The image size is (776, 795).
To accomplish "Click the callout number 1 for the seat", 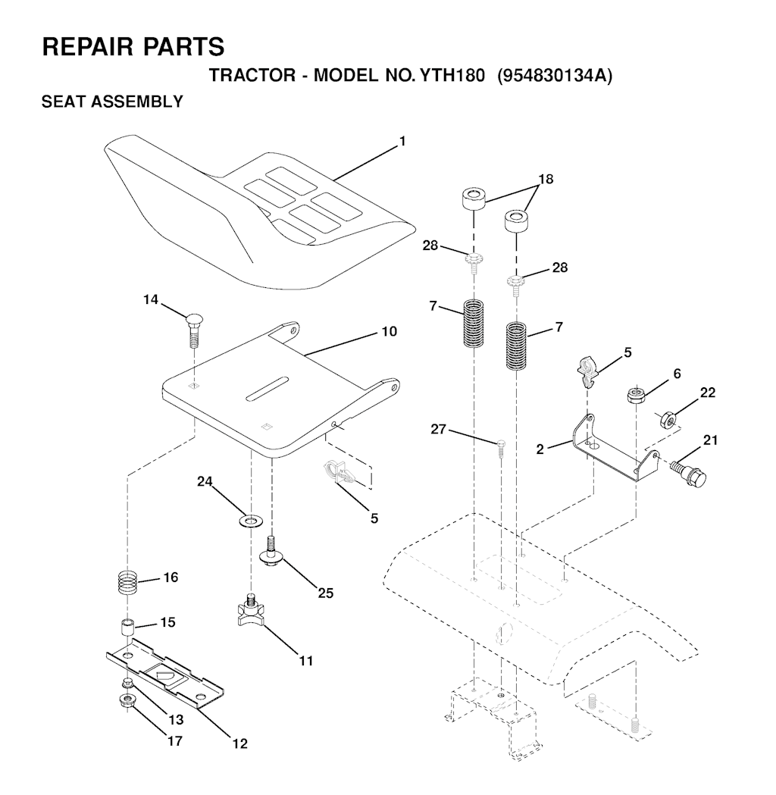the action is tap(402, 142).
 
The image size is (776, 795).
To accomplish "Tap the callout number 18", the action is tap(546, 179).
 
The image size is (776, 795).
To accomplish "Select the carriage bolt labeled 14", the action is tap(193, 330).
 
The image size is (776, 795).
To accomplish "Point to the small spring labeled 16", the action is tap(128, 583).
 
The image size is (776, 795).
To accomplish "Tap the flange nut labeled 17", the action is tap(124, 702).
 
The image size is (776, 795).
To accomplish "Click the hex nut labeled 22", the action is tap(668, 419).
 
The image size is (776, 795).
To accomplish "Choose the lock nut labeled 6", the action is tap(636, 395).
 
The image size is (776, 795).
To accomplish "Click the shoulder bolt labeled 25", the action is tap(270, 552).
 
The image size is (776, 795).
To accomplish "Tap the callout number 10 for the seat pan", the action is tap(389, 332).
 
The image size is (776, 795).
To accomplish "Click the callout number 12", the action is tap(240, 743).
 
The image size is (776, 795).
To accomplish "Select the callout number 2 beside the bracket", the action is tap(540, 449).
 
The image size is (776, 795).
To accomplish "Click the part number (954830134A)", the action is tap(555, 76).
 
